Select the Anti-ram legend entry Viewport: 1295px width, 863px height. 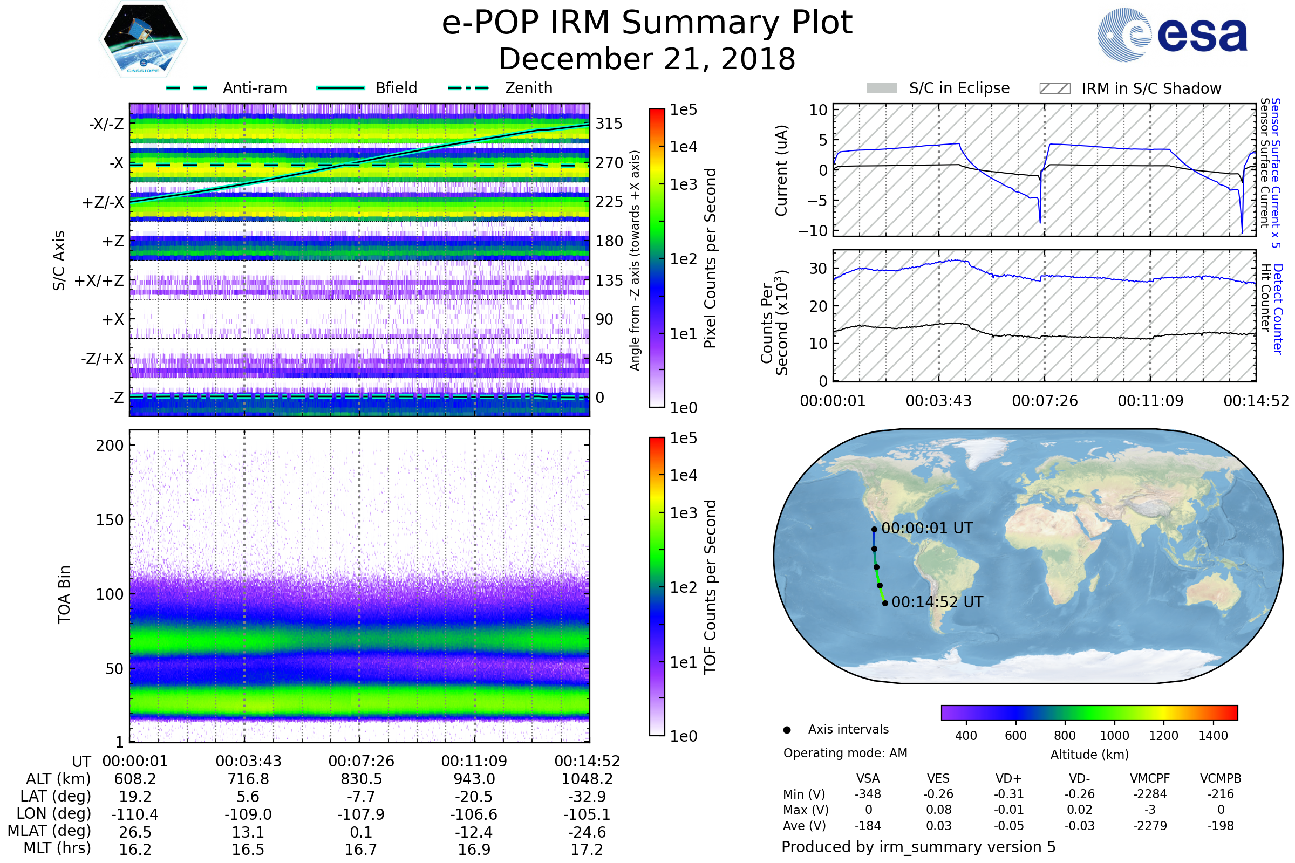click(226, 88)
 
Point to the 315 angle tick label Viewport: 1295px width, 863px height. click(609, 124)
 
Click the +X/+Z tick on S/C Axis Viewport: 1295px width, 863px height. click(99, 280)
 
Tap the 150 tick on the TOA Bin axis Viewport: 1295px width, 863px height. click(110, 519)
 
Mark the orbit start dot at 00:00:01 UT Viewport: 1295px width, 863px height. click(874, 530)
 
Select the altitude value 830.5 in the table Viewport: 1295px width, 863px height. click(361, 779)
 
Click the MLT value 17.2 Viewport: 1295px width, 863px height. click(587, 849)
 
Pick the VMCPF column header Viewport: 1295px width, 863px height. click(1150, 778)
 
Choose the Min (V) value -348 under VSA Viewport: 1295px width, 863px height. click(868, 793)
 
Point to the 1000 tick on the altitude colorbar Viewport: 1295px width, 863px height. click(1114, 735)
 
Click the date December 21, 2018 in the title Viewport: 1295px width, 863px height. click(647, 59)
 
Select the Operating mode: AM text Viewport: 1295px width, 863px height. click(845, 753)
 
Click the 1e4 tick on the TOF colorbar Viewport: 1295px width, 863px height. click(683, 475)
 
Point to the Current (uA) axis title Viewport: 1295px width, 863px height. click(781, 170)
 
